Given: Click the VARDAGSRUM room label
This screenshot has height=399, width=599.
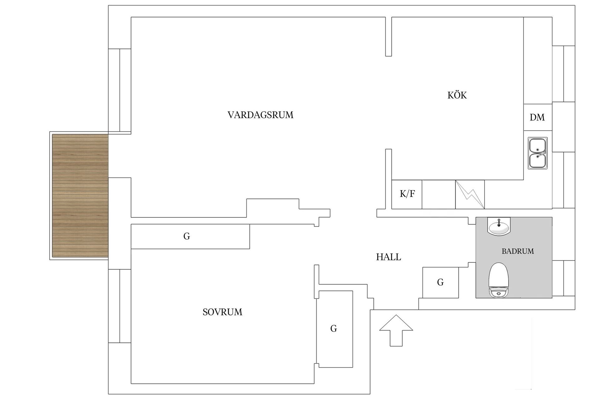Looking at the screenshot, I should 260,115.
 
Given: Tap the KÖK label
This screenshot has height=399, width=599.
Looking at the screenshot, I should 457,95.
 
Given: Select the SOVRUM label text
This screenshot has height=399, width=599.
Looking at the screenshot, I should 222,312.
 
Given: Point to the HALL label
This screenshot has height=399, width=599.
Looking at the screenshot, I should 388,257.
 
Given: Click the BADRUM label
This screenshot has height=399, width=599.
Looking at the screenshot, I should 518,251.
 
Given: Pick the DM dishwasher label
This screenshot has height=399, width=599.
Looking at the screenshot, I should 537,118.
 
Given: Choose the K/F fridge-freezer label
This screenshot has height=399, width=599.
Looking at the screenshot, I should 407,194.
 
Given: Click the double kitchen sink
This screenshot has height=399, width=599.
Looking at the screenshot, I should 537,153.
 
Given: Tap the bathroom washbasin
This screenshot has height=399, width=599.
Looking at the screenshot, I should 499,227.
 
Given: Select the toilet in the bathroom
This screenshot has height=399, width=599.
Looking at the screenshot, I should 499,280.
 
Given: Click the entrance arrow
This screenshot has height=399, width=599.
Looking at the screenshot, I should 396,330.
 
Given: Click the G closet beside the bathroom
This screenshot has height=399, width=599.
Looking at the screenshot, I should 440,282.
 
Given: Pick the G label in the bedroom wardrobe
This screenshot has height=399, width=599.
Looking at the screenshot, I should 334,329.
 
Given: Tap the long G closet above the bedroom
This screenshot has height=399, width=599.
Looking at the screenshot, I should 187,236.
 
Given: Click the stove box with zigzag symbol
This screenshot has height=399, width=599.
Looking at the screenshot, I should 470,194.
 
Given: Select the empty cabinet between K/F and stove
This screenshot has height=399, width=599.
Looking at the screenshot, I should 439,194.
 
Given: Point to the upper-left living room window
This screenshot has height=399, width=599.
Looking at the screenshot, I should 119,90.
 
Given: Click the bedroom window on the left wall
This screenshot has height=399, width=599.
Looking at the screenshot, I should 119,306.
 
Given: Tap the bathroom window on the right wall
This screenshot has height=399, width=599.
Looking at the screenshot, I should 563,278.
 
